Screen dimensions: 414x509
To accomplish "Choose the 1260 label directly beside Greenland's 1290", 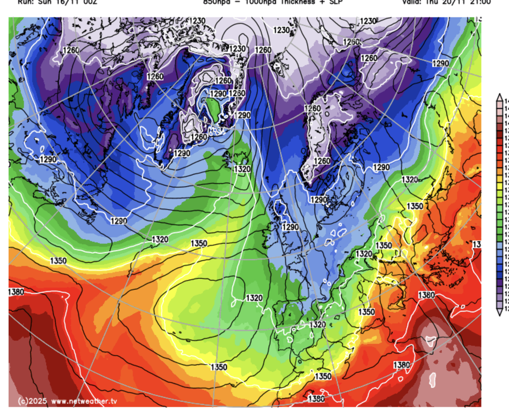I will click(224, 81).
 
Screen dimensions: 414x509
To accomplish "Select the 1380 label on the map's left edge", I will click(16, 292).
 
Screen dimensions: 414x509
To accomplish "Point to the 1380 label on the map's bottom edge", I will click(316, 399).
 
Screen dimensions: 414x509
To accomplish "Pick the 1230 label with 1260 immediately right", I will click(237, 49).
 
